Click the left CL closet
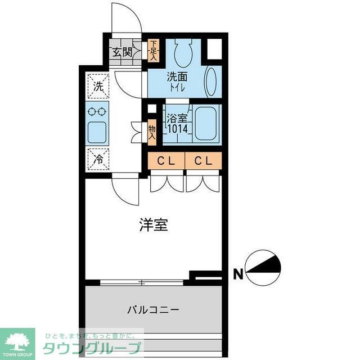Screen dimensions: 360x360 point(166,161)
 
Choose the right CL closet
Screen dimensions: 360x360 point(203,161)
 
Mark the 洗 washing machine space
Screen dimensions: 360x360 point(98,87)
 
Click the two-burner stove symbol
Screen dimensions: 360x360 point(98,111)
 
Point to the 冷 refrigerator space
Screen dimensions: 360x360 point(98,159)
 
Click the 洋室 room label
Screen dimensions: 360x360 point(153,225)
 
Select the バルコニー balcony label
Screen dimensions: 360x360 point(152,309)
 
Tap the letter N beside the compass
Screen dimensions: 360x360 point(238,274)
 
